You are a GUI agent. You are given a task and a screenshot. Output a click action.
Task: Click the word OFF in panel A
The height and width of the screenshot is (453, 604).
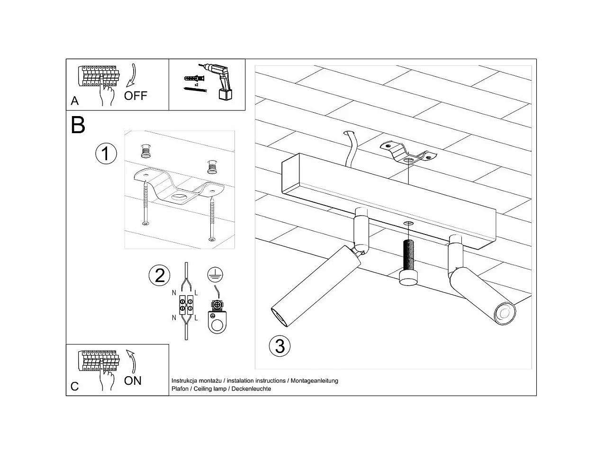tap(135, 96)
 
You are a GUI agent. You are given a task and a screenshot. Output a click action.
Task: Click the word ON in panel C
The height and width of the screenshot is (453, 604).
tap(133, 381)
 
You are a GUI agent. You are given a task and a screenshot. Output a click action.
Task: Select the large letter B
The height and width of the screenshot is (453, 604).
tap(78, 125)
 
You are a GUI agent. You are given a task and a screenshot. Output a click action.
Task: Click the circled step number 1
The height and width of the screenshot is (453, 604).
tap(106, 154)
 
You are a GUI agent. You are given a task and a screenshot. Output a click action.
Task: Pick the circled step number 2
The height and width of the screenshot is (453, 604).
tap(159, 275)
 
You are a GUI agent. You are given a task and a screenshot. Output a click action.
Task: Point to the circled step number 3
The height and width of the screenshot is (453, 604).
tap(279, 346)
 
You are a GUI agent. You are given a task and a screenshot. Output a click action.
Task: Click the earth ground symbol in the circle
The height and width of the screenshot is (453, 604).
tap(215, 274)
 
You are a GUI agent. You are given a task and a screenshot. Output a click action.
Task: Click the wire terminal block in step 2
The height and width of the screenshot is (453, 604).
tap(186, 305)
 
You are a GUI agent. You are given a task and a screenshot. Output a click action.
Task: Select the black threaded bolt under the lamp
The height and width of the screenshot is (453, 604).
tap(408, 262)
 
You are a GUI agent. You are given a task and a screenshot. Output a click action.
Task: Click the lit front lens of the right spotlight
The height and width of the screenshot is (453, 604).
tap(505, 314)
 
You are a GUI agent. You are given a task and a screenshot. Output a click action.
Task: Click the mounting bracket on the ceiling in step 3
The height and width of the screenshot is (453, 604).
tap(408, 153)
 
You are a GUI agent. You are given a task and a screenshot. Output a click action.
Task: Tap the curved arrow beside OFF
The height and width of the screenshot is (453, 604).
tap(132, 75)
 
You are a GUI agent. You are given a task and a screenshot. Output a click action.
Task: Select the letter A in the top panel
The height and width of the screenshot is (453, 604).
tap(74, 101)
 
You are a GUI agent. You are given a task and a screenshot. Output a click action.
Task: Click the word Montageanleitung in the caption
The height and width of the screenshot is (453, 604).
tap(314, 381)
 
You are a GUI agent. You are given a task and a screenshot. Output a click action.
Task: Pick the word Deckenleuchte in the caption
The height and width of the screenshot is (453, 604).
tap(251, 389)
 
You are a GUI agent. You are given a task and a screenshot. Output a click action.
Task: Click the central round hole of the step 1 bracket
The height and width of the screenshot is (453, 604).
tap(179, 197)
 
